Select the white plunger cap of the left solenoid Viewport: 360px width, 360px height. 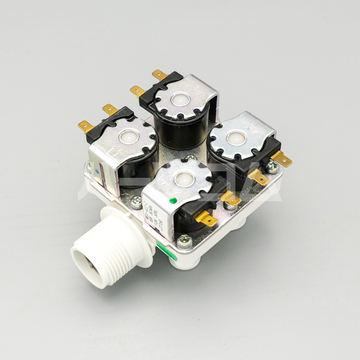click(126, 136)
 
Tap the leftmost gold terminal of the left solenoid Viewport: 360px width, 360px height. click(85, 127)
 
